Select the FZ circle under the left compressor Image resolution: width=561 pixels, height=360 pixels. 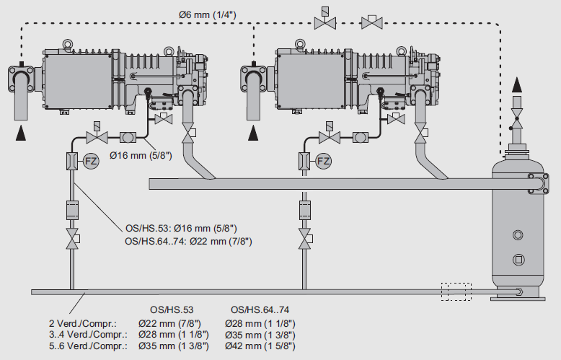pyautogui.click(x=91, y=160)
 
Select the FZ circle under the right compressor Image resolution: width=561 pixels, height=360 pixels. pyautogui.click(x=324, y=160)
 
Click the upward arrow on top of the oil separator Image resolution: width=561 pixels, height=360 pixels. pyautogui.click(x=516, y=85)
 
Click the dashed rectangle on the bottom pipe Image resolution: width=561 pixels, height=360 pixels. pyautogui.click(x=457, y=291)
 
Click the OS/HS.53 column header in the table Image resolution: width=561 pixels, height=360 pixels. pyautogui.click(x=172, y=309)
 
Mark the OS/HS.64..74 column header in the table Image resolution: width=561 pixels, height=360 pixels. pyautogui.click(x=260, y=309)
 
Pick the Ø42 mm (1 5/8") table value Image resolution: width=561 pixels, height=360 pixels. pyautogui.click(x=260, y=345)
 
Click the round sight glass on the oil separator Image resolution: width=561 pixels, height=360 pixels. pyautogui.click(x=517, y=235)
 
